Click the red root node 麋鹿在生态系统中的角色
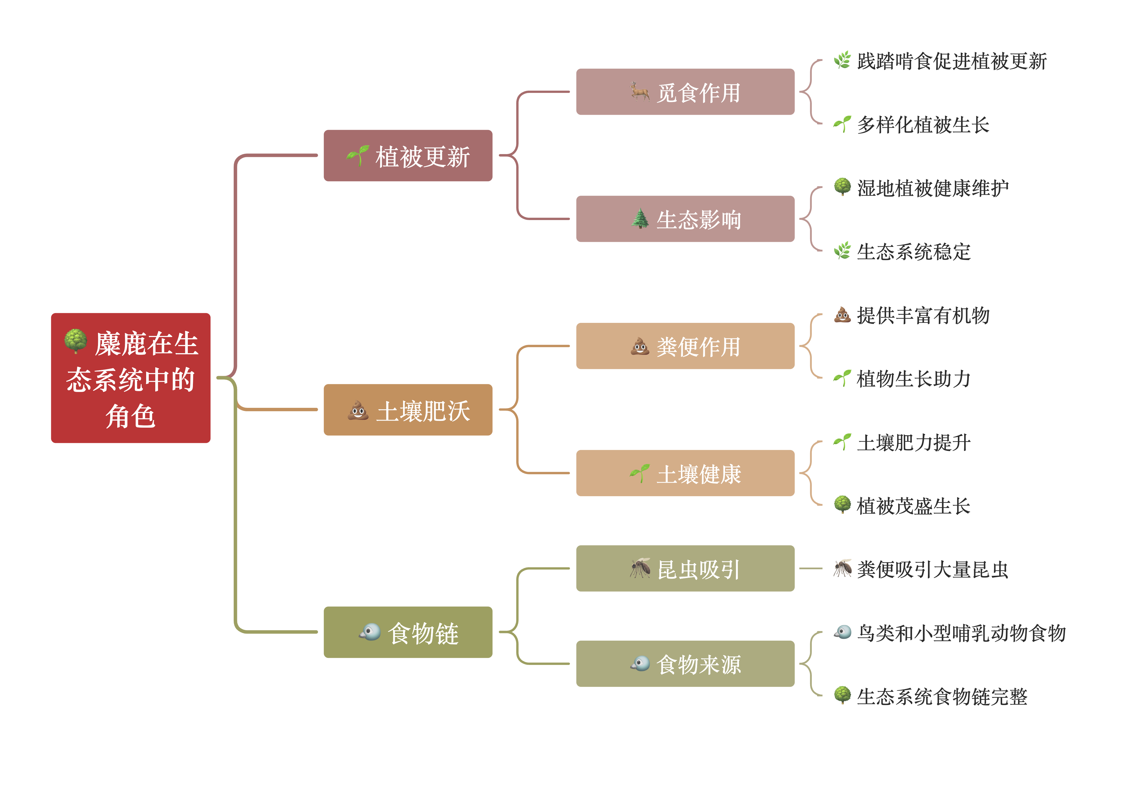click(x=131, y=378)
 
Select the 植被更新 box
click(x=408, y=156)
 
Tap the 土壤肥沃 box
click(x=408, y=410)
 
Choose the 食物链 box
click(x=408, y=632)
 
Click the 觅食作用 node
click(x=685, y=92)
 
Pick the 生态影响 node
click(x=685, y=219)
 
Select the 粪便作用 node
click(x=685, y=346)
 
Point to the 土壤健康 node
click(x=685, y=473)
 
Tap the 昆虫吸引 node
click(x=685, y=568)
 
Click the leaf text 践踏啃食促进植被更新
click(x=951, y=61)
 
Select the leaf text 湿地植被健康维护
click(x=933, y=188)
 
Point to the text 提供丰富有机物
click(x=923, y=315)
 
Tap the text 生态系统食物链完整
click(x=942, y=696)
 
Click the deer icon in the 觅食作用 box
click(x=640, y=92)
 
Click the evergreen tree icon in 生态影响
click(x=640, y=219)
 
